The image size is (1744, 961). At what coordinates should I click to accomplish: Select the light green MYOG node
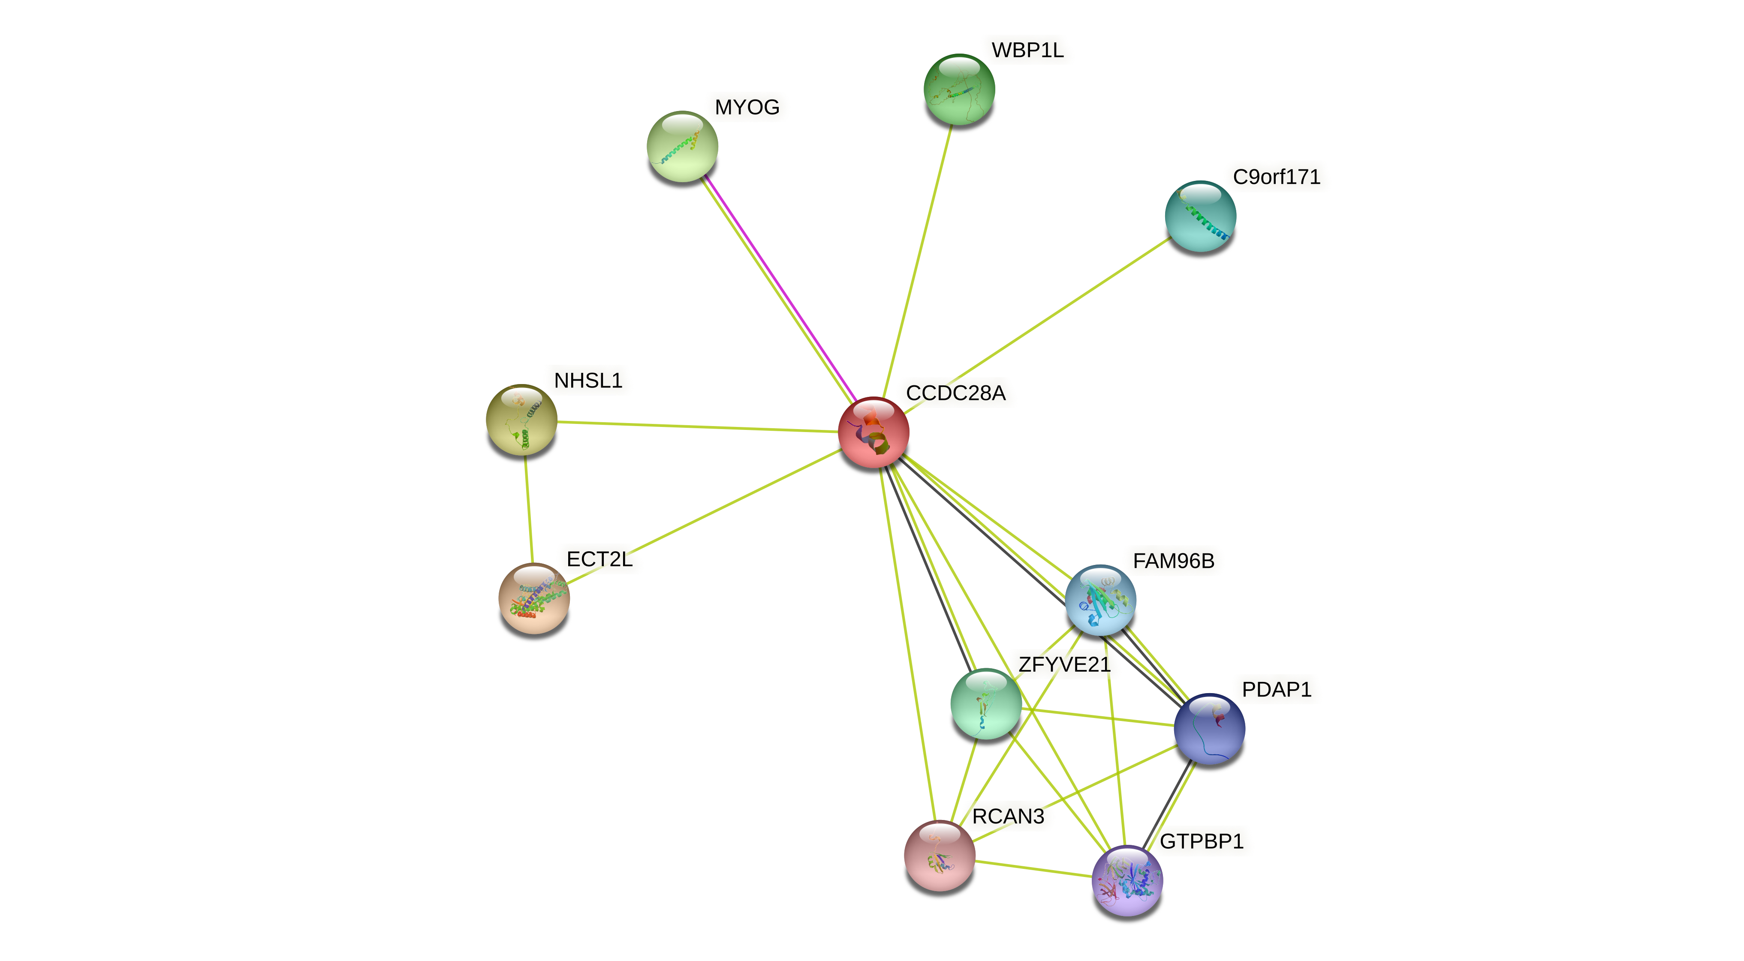click(682, 146)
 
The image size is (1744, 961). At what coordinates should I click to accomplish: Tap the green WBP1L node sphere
click(959, 89)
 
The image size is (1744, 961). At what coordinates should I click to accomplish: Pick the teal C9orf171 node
click(1200, 216)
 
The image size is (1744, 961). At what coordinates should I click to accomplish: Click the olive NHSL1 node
click(521, 420)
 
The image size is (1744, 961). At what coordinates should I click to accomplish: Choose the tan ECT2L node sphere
click(533, 598)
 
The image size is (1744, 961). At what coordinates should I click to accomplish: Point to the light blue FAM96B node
click(1100, 600)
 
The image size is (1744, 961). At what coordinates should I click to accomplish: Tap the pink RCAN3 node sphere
click(939, 856)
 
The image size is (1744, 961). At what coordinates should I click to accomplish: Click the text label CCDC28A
click(955, 393)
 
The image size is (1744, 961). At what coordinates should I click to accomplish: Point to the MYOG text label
click(747, 107)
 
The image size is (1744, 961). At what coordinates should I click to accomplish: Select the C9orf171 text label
click(1276, 177)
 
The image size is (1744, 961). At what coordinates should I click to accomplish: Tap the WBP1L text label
click(1027, 50)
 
